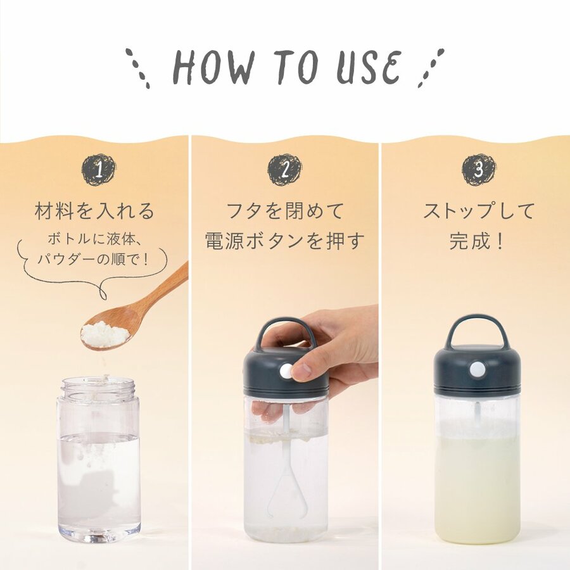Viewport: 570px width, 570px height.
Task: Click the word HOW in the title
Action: coord(213,68)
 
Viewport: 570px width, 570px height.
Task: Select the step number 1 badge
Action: coord(99,170)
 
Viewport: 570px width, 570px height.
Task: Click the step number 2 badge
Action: coord(285,170)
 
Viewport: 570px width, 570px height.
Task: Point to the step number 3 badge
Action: coord(479,170)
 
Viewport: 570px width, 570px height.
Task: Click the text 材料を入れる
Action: coord(94,212)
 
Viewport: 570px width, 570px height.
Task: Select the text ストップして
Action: coord(478,211)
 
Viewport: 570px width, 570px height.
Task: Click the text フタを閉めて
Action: coord(285,211)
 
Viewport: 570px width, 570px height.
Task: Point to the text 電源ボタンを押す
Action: coord(284,241)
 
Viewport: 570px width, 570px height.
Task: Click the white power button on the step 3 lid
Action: coord(478,369)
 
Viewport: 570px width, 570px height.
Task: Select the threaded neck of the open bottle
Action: coord(99,388)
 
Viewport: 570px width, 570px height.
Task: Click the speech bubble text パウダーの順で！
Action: coord(94,260)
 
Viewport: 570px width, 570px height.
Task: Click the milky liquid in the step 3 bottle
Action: coord(478,487)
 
